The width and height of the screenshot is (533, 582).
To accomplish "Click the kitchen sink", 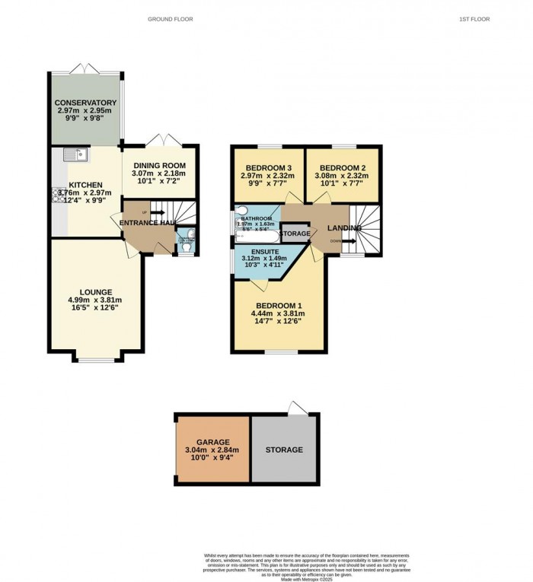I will click(75, 155).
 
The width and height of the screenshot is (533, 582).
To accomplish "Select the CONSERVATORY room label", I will click(85, 103).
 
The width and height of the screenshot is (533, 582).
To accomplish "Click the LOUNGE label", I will click(94, 291).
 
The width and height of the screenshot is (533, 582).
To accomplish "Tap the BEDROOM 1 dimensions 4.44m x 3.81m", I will click(277, 313).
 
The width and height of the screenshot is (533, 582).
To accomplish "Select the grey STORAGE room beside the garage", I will click(284, 450).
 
